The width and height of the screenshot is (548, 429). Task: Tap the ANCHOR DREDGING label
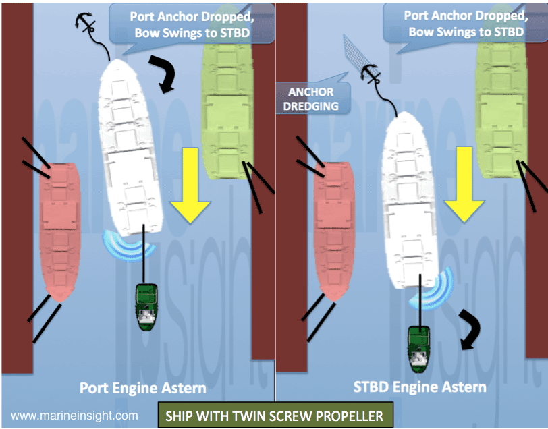click(x=314, y=98)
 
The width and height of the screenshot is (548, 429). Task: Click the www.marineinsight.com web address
click(x=75, y=416)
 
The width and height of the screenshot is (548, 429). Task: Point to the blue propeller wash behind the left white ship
click(x=128, y=245)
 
